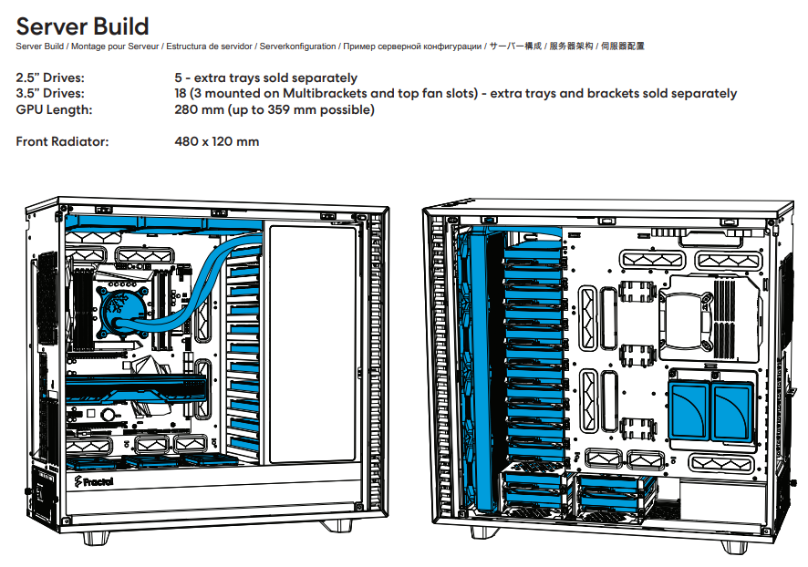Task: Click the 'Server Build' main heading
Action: [82, 26]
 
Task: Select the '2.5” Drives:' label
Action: [50, 77]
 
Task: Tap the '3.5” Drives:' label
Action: [50, 93]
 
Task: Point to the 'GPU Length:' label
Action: [54, 109]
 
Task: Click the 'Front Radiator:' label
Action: [62, 141]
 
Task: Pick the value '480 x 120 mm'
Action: [217, 141]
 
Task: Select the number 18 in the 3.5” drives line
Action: [181, 93]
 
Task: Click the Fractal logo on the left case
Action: [93, 482]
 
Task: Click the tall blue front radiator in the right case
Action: [482, 368]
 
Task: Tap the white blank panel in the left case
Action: [313, 344]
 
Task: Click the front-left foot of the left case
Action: [96, 538]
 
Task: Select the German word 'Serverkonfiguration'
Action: [297, 46]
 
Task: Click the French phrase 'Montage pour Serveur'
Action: [115, 46]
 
